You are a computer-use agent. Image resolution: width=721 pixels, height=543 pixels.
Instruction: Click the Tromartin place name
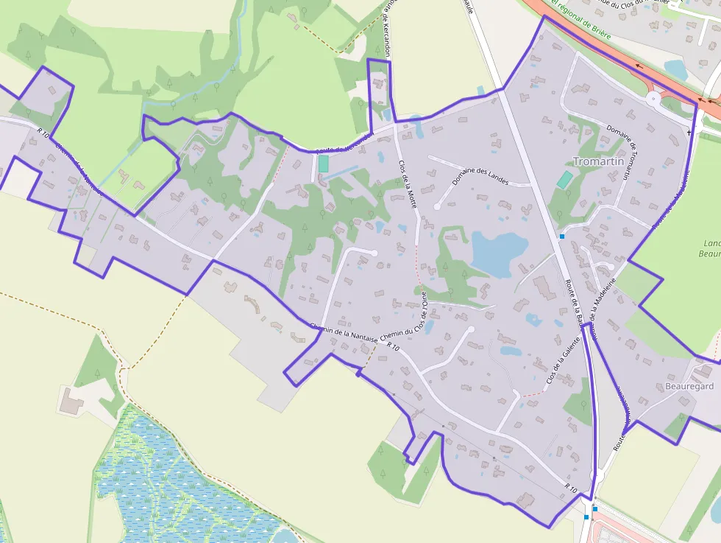click(598, 161)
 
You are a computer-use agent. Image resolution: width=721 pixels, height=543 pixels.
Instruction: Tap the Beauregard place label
click(689, 386)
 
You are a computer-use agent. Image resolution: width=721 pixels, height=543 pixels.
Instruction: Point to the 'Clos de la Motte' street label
click(408, 184)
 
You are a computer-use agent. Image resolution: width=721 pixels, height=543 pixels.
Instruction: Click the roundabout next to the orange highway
click(653, 98)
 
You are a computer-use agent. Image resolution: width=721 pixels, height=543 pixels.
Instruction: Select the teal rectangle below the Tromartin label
click(564, 180)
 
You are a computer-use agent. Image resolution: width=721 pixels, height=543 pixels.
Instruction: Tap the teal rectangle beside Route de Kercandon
click(323, 164)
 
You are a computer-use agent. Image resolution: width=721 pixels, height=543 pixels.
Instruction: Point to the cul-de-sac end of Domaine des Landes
click(437, 207)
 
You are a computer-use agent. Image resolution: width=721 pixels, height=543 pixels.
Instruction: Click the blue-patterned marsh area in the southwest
click(177, 479)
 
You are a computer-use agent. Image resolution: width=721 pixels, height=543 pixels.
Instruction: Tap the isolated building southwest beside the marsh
click(71, 402)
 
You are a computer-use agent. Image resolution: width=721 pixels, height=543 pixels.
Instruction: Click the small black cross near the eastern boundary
click(689, 133)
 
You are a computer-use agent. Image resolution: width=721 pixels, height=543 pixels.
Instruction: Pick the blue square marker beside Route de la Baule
click(562, 237)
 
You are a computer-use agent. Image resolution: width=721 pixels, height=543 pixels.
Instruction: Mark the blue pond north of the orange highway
click(675, 69)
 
